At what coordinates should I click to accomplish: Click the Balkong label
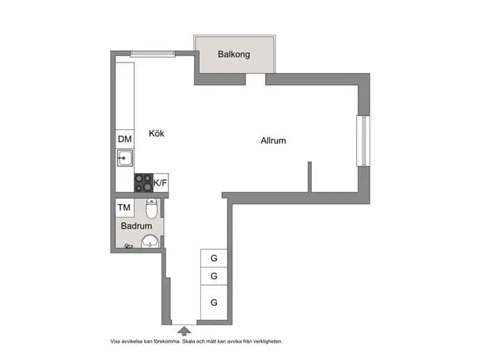click(234, 54)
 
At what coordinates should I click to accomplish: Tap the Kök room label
click(157, 133)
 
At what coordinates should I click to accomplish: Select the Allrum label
click(273, 140)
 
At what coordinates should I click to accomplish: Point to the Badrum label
click(136, 226)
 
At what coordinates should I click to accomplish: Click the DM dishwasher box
click(125, 139)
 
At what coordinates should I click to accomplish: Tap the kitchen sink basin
click(125, 158)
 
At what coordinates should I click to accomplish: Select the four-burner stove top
click(143, 183)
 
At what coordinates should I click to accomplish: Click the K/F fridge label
click(160, 183)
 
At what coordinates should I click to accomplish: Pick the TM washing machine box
click(125, 208)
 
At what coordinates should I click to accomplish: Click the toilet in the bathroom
click(152, 208)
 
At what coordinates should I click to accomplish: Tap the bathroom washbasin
click(150, 241)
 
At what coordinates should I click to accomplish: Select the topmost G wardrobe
click(214, 258)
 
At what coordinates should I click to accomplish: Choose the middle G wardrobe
click(214, 276)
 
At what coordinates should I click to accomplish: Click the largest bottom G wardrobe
click(214, 302)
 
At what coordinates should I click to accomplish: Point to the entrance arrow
click(184, 331)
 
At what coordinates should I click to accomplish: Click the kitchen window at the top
click(153, 54)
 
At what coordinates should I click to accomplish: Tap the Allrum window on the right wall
click(363, 141)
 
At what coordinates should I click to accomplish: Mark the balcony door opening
click(255, 79)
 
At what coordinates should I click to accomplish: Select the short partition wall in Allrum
click(310, 177)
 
